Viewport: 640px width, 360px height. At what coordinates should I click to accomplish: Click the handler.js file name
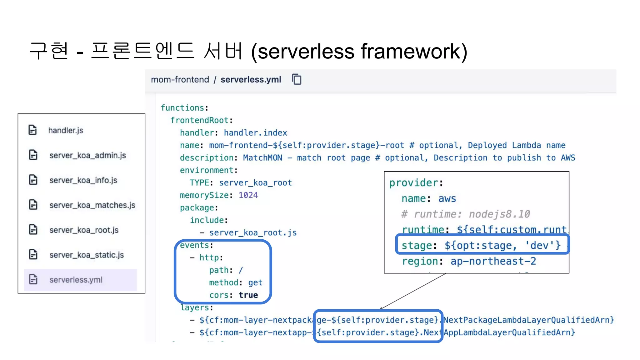66,130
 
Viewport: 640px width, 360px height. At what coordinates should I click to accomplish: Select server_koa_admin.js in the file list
87,155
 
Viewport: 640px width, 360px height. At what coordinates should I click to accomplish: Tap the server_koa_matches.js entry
92,205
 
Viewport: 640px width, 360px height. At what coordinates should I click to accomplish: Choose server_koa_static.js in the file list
87,255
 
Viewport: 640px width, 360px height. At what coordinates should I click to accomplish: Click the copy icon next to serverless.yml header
297,79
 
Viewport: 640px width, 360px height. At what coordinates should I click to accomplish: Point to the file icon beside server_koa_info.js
33,180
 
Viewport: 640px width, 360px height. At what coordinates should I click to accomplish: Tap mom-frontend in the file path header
180,80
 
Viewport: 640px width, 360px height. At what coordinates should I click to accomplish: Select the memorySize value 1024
248,195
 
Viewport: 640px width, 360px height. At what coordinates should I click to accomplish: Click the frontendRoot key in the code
199,120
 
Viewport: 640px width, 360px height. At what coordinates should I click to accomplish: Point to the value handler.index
255,133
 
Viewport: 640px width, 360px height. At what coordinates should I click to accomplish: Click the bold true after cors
248,295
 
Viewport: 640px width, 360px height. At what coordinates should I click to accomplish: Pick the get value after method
255,283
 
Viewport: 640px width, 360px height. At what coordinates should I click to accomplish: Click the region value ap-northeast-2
493,261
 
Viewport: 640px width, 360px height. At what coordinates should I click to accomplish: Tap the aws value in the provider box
447,199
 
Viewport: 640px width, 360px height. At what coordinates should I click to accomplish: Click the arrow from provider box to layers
412,291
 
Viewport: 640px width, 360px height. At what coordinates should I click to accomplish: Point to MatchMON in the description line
262,158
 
